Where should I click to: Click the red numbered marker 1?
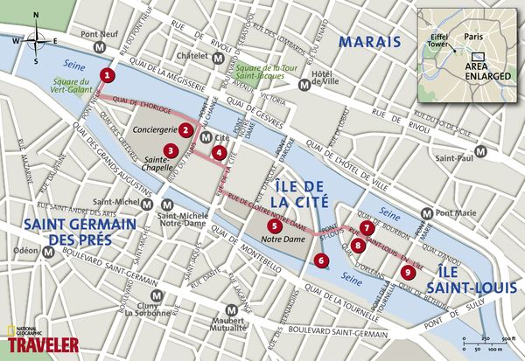pos(106,75)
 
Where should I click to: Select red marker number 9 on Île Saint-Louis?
pos(407,272)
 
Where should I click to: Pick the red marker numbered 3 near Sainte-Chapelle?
pos(171,150)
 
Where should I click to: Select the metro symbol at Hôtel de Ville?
pos(304,86)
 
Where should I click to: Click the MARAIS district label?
pos(369,41)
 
